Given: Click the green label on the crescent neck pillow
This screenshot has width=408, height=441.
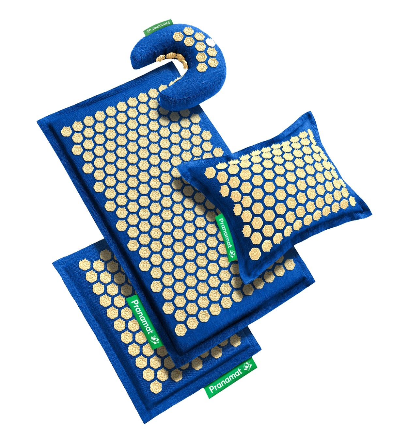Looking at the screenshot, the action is pos(158,27).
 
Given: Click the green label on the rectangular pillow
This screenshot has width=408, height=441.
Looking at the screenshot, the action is pos(226,237).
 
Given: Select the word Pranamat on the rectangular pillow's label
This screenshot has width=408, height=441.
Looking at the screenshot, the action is pos(225,233).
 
